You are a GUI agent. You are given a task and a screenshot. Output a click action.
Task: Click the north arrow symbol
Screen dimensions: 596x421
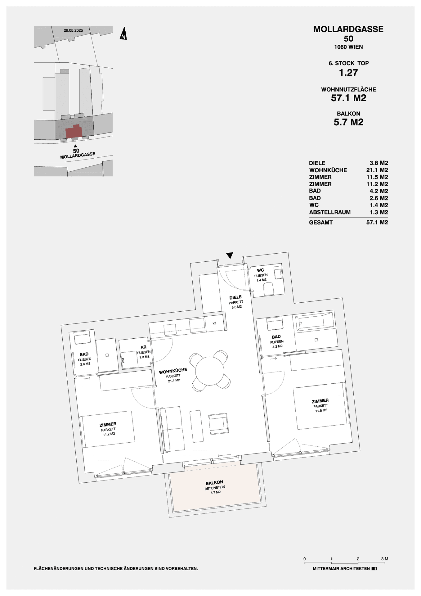(123, 34)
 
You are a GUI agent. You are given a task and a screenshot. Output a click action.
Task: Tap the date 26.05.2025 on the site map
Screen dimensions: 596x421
(73, 30)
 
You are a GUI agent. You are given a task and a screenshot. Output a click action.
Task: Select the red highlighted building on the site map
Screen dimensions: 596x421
(74, 132)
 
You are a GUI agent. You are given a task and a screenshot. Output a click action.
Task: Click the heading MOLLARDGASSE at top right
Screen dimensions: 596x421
(348, 29)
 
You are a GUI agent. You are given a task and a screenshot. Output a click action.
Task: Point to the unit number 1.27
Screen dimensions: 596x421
(348, 73)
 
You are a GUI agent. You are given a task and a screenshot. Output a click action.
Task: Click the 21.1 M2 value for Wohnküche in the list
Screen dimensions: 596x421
(377, 170)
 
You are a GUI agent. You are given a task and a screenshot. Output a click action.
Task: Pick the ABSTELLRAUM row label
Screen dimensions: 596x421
(330, 212)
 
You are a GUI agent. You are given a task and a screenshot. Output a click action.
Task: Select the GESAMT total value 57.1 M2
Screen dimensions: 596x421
(377, 222)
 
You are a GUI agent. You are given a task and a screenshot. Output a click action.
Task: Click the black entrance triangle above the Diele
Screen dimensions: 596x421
(230, 255)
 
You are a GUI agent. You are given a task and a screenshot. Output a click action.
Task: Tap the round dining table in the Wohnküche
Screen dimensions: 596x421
(210, 371)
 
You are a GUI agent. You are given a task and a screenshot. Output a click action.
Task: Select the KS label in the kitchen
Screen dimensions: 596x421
(214, 323)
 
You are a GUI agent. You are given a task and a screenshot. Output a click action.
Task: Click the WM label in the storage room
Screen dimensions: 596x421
(123, 360)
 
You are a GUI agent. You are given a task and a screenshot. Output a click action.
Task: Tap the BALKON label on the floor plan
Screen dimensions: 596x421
(214, 483)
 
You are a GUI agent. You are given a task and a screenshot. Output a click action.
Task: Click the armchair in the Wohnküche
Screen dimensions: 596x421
(218, 424)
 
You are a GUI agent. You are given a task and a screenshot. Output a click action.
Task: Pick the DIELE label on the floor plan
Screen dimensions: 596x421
(235, 297)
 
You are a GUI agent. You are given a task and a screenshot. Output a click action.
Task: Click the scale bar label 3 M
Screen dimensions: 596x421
(384, 559)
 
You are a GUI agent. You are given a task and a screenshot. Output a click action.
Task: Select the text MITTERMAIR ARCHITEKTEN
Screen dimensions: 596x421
(341, 569)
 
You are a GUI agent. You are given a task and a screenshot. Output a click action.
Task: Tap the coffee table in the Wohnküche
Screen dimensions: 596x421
(196, 426)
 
